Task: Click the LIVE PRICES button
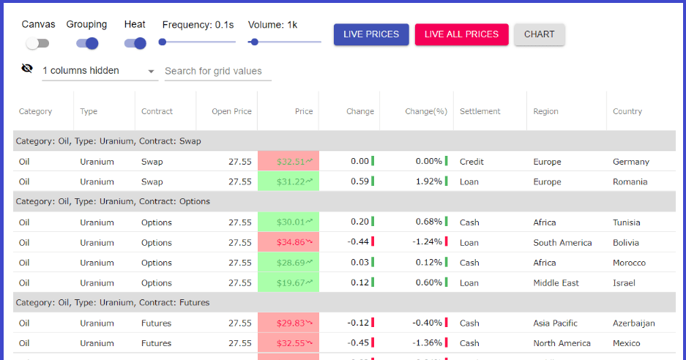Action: pyautogui.click(x=371, y=34)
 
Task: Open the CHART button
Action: pyautogui.click(x=539, y=34)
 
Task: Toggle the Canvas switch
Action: pyautogui.click(x=37, y=43)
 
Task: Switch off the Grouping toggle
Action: pyautogui.click(x=87, y=43)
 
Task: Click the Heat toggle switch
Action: pyautogui.click(x=135, y=43)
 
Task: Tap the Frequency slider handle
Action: pyautogui.click(x=163, y=42)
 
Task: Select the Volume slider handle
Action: pyautogui.click(x=254, y=42)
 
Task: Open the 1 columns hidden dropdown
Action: pyautogui.click(x=100, y=71)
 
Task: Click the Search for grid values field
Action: pyautogui.click(x=218, y=71)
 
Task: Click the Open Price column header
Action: pyautogui.click(x=231, y=111)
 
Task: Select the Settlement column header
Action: pyautogui.click(x=480, y=111)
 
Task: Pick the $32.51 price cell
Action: pyautogui.click(x=288, y=162)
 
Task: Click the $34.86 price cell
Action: pyautogui.click(x=288, y=242)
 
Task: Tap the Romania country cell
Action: pyautogui.click(x=630, y=182)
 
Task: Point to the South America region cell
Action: pyautogui.click(x=562, y=243)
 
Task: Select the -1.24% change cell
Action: pyautogui.click(x=427, y=242)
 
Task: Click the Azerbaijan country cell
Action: pyautogui.click(x=633, y=323)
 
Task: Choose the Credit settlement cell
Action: pyautogui.click(x=471, y=162)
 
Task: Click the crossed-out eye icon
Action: pyautogui.click(x=27, y=68)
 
